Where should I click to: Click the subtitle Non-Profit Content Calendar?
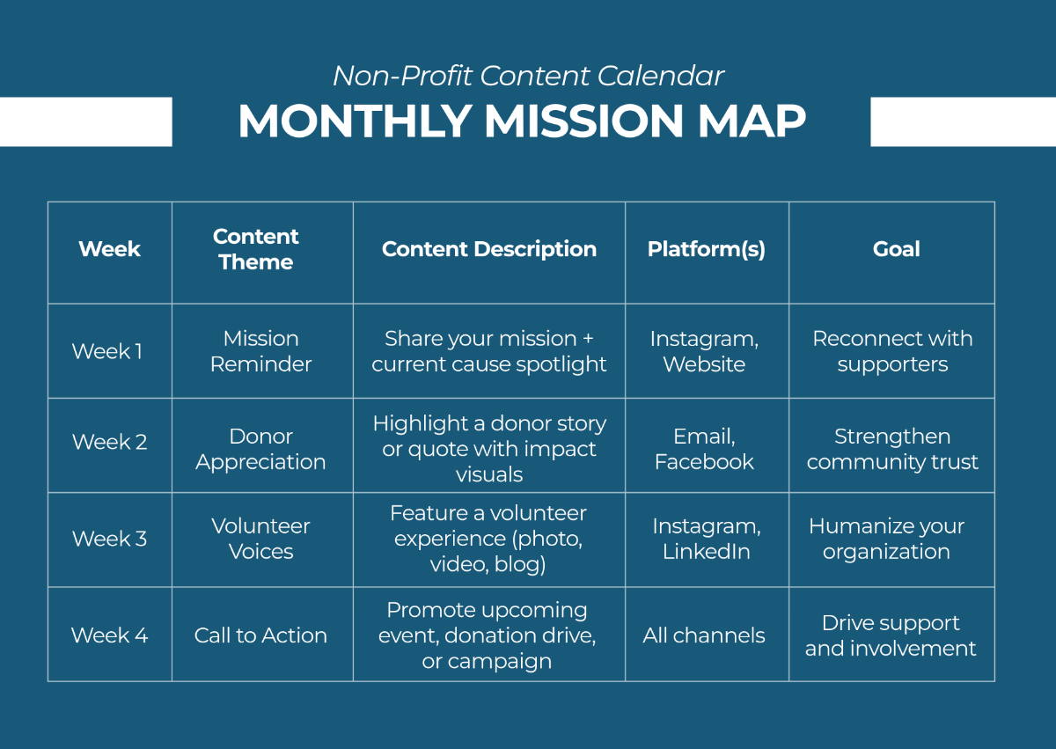528,77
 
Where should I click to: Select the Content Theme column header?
256,249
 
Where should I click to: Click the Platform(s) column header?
706,249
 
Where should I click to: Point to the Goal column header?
896,249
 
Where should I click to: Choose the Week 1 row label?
106,351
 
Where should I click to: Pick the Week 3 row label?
109,539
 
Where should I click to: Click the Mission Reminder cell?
260,351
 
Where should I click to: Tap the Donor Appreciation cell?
260,449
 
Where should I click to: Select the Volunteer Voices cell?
260,539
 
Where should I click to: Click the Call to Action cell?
260,635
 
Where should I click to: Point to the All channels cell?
704,635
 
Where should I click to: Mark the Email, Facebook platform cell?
704,449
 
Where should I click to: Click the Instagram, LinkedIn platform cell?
706,539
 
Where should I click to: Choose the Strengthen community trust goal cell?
892,449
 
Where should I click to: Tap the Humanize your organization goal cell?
887,539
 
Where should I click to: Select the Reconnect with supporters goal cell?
892,351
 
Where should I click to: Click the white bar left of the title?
85,121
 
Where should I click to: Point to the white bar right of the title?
963,121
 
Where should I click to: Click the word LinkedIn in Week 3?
706,552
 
